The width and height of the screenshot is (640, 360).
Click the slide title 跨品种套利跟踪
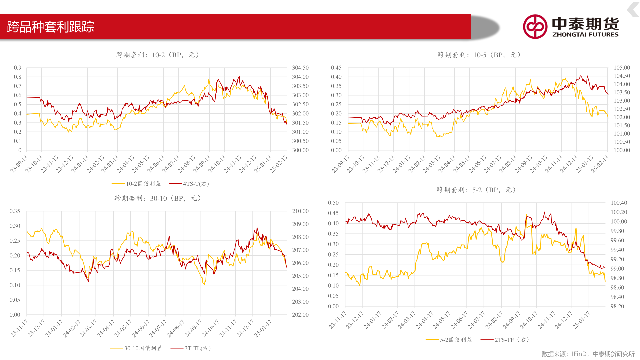(x=50, y=27)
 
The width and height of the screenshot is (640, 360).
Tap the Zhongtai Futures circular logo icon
(x=535, y=27)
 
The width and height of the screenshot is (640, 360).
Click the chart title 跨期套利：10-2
(x=157, y=55)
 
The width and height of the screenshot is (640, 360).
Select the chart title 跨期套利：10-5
(x=479, y=55)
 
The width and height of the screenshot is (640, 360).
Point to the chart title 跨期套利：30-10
(x=158, y=198)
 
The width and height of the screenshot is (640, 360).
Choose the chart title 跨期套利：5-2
(x=476, y=190)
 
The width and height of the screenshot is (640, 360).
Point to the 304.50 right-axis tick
(x=300, y=68)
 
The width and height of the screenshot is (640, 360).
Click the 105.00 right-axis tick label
(x=622, y=68)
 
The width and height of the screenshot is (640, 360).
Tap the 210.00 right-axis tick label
(x=300, y=211)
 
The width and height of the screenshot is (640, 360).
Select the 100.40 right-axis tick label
(x=619, y=203)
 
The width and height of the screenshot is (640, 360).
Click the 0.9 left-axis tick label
(x=18, y=68)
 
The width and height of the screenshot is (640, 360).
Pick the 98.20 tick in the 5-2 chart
(x=617, y=306)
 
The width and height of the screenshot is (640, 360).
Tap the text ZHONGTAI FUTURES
(x=585, y=34)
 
